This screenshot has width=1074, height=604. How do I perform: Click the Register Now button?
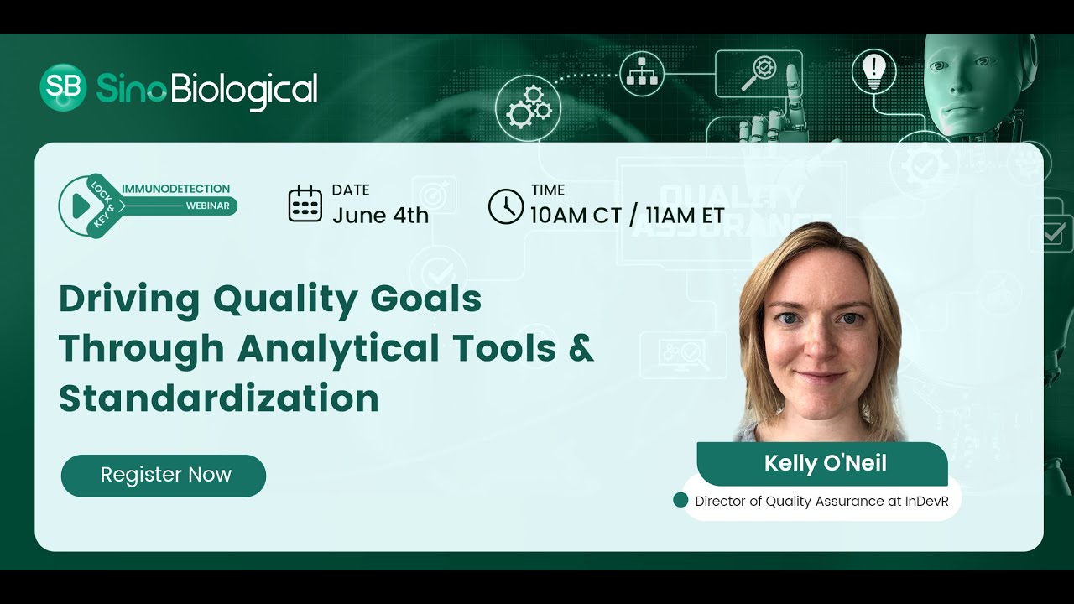tap(164, 475)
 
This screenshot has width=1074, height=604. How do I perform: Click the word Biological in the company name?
tap(244, 89)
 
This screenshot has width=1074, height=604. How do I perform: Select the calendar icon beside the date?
tap(305, 205)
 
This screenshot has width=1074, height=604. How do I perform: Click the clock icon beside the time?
tap(505, 206)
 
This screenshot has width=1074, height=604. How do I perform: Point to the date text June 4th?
tap(380, 216)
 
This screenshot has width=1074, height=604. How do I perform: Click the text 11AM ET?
tap(685, 216)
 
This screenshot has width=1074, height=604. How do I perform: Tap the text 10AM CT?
tap(576, 216)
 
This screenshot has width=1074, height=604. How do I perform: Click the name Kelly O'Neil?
tap(825, 463)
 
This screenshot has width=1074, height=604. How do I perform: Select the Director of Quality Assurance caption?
tap(827, 502)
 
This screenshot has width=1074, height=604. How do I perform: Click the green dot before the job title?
tap(680, 501)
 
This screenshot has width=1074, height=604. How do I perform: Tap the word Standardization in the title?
tap(218, 398)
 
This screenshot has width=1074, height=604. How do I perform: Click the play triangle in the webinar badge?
tap(81, 206)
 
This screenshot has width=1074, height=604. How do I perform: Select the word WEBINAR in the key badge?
tap(207, 206)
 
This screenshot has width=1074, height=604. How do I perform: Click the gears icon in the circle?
tap(528, 107)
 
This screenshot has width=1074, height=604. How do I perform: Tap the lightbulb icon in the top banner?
tap(873, 70)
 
